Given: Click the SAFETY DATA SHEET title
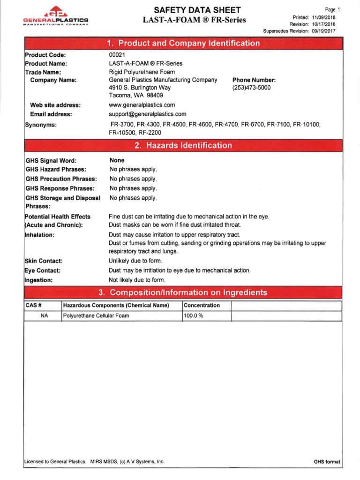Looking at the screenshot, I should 194,10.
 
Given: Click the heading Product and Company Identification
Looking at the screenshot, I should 183,44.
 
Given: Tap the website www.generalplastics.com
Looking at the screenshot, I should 142,105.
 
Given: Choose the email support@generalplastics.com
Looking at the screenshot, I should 147,114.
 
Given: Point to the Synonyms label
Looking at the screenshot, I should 41,125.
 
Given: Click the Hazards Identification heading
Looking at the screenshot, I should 183,146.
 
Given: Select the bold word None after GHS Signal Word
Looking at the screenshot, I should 117,160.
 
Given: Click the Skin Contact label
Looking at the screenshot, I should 43,261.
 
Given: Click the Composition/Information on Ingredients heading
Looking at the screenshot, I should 183,293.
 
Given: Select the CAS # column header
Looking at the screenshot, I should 31,305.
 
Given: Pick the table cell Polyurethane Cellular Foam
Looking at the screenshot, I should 96,315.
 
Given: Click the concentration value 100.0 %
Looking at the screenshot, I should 194,315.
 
